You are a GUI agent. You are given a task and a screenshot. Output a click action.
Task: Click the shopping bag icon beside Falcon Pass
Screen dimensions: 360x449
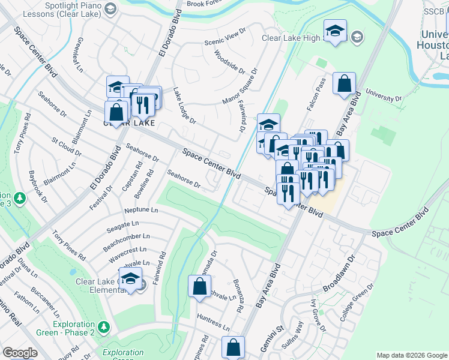click(x=345, y=84)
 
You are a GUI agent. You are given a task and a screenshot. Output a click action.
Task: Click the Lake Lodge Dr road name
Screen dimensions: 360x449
click(x=184, y=106)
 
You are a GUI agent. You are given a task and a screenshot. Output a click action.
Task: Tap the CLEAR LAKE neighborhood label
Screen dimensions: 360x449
click(x=129, y=123)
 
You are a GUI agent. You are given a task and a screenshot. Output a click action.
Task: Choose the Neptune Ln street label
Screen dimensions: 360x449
click(x=141, y=211)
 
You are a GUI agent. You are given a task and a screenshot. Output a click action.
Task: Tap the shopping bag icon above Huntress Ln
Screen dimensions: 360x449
click(x=199, y=287)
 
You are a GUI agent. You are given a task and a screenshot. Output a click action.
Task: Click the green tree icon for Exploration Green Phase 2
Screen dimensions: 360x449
click(x=104, y=327)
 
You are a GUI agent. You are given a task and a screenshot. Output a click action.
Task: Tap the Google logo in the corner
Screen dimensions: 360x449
click(x=20, y=353)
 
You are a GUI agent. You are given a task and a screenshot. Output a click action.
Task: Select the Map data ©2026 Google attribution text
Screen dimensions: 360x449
click(x=411, y=355)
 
